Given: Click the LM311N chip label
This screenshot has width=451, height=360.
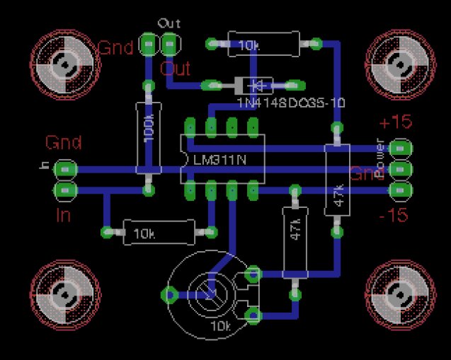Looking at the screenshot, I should point(220,160).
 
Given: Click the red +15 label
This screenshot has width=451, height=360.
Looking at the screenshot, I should point(395,122).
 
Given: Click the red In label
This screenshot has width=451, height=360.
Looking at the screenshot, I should point(63,214).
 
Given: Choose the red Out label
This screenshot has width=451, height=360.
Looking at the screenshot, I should point(175,69).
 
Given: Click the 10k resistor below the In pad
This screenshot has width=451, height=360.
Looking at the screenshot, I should point(159,232).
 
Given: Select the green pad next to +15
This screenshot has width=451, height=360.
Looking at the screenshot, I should point(401,149).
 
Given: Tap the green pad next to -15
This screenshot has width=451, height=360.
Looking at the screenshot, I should point(401,191).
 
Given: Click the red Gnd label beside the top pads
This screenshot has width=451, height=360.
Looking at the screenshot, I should point(115,48).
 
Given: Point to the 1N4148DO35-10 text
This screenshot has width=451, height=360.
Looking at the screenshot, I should point(290,103).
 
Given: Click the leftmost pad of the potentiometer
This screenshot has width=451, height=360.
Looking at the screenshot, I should point(171,295).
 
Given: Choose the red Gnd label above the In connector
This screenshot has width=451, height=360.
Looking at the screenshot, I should point(64,143).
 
